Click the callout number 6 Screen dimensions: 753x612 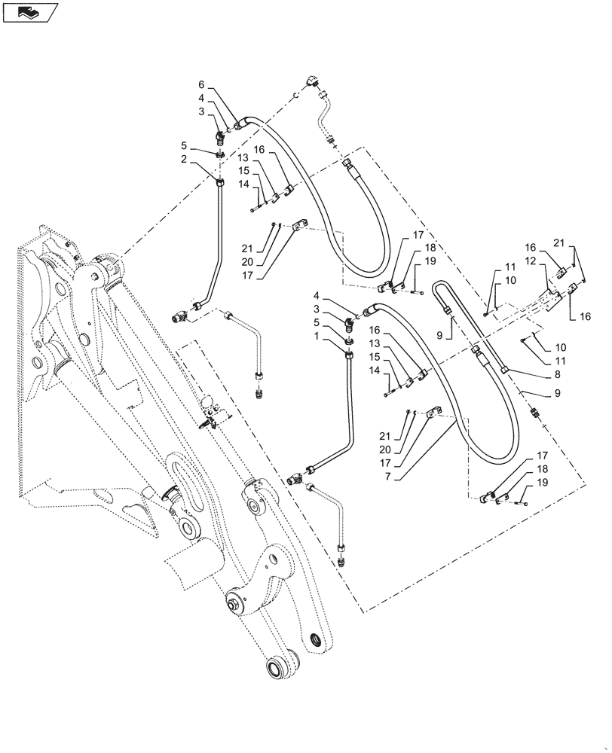click(x=201, y=84)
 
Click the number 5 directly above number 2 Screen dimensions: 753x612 click(x=183, y=145)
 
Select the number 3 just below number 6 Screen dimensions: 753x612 click(x=201, y=112)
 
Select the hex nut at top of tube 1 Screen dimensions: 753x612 click(x=347, y=358)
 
